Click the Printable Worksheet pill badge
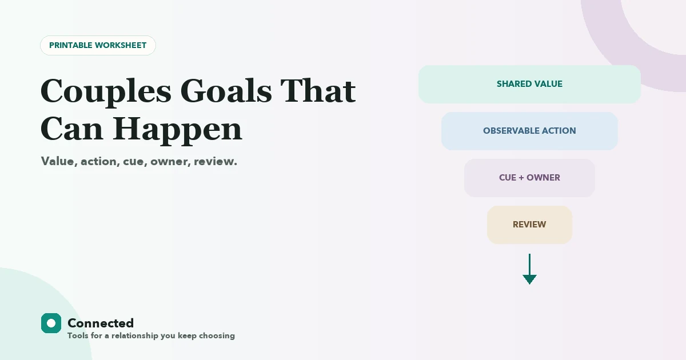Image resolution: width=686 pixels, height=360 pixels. click(x=98, y=45)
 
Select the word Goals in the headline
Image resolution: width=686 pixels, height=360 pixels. click(x=226, y=91)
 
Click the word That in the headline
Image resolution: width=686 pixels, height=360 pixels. click(x=318, y=91)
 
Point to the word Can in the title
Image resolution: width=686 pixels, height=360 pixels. click(x=71, y=129)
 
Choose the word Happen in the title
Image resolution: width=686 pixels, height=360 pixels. click(x=178, y=131)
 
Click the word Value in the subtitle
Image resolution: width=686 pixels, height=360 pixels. click(x=59, y=162)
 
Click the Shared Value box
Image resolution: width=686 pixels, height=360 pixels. click(x=529, y=84)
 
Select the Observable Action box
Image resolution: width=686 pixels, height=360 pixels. click(x=529, y=131)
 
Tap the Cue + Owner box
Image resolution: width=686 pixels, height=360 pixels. click(x=529, y=178)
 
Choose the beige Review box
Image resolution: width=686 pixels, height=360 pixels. click(x=529, y=225)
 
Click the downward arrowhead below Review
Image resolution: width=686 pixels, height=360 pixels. click(x=529, y=279)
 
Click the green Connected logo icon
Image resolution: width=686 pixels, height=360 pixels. click(x=51, y=323)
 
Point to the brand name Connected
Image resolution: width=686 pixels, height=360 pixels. click(x=101, y=323)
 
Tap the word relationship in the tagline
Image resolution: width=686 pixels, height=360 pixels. click(x=135, y=336)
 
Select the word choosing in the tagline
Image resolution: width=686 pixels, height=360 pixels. click(x=217, y=336)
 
